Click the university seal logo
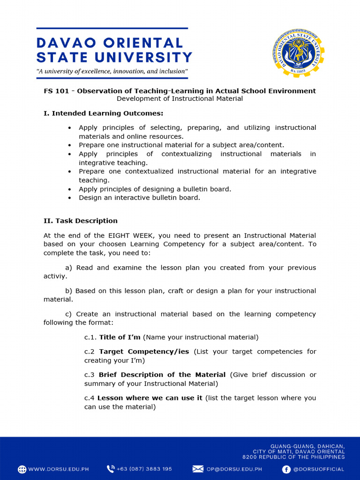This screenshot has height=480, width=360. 298,53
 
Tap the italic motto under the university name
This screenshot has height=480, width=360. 112,72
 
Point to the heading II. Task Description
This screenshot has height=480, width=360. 81,221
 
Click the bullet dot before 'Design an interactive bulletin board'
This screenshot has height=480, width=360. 69,198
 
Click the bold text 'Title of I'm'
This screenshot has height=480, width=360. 120,337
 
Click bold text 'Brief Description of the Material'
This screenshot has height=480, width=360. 162,375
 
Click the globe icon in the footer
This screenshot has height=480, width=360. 22,469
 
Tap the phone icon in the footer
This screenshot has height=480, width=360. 111,469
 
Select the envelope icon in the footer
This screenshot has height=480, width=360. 198,469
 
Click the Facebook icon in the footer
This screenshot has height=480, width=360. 286,469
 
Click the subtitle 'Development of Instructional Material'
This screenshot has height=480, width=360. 180,99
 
